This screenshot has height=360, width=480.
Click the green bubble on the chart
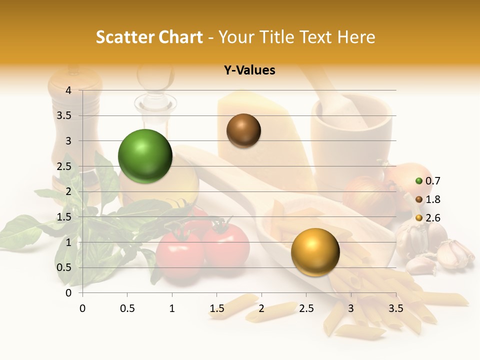[x=145, y=156]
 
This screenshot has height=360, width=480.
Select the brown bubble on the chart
[x=243, y=130]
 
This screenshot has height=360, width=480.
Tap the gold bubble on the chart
[x=315, y=251]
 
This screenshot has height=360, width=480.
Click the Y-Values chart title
[x=249, y=70]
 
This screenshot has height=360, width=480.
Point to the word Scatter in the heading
[x=125, y=37]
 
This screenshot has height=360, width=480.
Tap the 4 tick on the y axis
[x=68, y=90]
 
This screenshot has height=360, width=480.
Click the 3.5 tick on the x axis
[x=395, y=308]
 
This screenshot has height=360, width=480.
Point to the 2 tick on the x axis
[x=261, y=308]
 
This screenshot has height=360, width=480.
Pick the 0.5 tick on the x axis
[x=127, y=308]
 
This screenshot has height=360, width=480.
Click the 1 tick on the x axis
[x=172, y=308]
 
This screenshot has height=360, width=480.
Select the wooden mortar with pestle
[x=350, y=130]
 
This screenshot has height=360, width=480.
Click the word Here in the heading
[x=356, y=37]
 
